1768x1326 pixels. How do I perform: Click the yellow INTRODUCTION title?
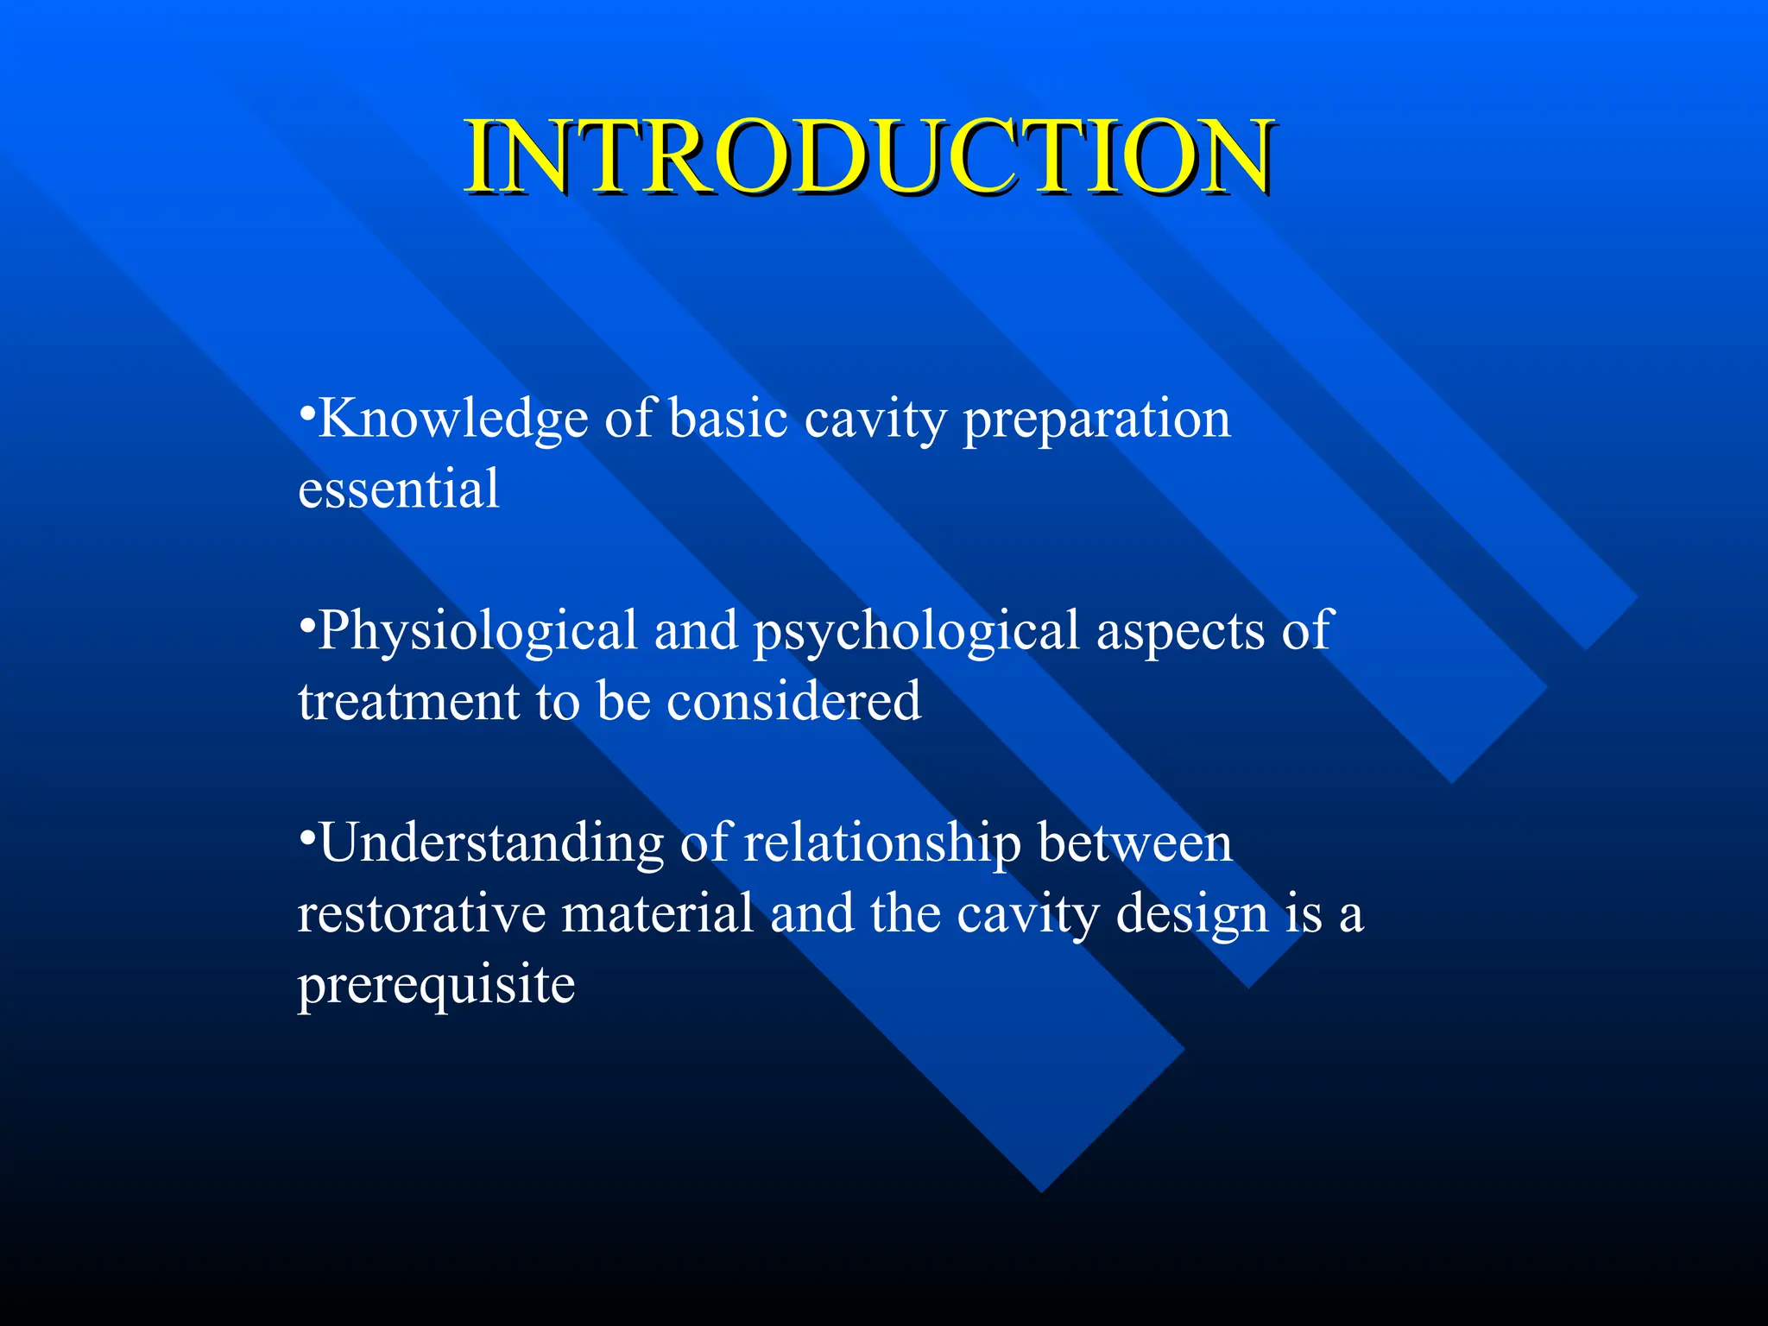click(868, 158)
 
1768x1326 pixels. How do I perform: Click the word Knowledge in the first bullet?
click(454, 420)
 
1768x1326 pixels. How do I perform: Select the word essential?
click(399, 489)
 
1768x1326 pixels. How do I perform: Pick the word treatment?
click(408, 701)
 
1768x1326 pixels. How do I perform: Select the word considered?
click(794, 701)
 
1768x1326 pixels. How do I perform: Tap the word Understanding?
click(491, 844)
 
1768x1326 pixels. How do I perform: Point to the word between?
click(1135, 843)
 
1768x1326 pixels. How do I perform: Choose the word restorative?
click(421, 914)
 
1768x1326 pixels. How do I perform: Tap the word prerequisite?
click(436, 986)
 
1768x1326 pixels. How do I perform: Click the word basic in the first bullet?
click(729, 420)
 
